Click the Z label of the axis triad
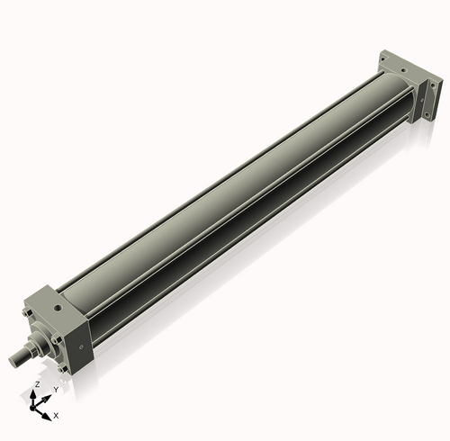37,383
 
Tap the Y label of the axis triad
56,389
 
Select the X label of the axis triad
56,416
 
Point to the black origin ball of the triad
39,405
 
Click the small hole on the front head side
83,343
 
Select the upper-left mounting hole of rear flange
384,57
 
